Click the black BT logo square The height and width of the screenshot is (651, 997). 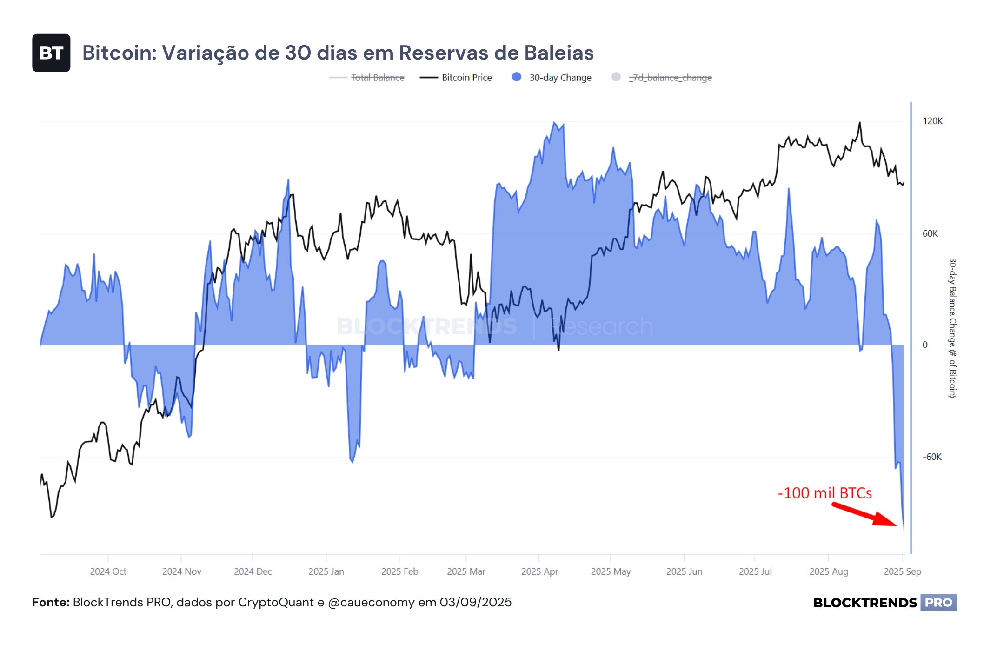(x=51, y=53)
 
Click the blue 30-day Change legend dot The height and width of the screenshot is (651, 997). (x=516, y=77)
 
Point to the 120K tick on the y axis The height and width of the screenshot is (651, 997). (x=932, y=121)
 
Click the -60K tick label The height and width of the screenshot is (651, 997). (x=932, y=457)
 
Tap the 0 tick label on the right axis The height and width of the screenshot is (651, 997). (x=925, y=345)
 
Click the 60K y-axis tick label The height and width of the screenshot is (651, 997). (x=930, y=233)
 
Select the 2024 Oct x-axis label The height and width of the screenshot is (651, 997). (x=108, y=571)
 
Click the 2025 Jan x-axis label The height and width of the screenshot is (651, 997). (x=326, y=571)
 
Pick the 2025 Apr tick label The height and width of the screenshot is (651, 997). (x=539, y=571)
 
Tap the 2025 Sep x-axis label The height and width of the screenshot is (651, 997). (x=902, y=571)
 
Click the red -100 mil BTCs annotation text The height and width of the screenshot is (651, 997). (x=824, y=493)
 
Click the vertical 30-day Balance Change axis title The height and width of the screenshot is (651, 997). (x=952, y=328)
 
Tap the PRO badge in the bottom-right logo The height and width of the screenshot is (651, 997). (x=938, y=603)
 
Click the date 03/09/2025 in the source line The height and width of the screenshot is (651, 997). (x=475, y=603)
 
